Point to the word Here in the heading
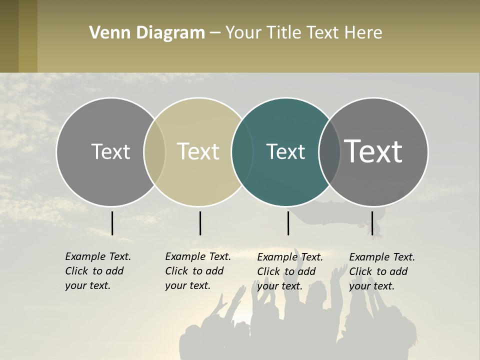(363, 33)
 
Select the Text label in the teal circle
(285, 152)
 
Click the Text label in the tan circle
(198, 151)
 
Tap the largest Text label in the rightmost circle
(373, 151)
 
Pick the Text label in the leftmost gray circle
(110, 151)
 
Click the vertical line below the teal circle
(288, 223)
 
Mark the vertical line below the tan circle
(200, 223)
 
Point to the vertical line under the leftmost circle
(112, 223)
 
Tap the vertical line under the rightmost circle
(372, 223)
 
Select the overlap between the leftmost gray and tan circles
(154, 152)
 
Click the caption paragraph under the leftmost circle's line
(98, 271)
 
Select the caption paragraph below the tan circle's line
(198, 271)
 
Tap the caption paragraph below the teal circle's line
(290, 271)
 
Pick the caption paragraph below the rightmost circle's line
(382, 271)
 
